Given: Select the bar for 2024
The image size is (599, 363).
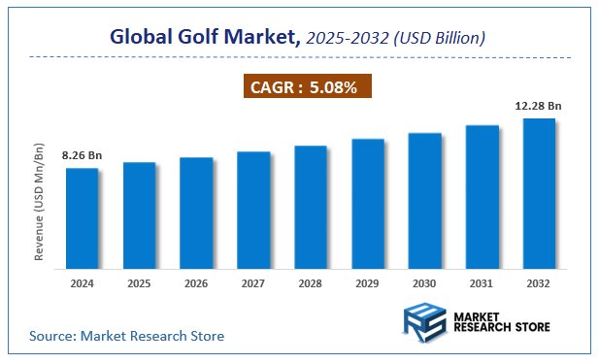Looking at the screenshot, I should click(x=82, y=218).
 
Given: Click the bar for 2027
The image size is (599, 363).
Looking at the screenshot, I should click(x=253, y=210).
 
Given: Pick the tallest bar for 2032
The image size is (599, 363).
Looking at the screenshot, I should click(x=539, y=193).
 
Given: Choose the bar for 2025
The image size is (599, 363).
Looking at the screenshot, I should click(x=139, y=215).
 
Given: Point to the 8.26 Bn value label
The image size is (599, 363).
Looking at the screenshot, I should click(x=82, y=155).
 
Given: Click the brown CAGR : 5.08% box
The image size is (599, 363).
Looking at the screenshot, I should click(x=306, y=87).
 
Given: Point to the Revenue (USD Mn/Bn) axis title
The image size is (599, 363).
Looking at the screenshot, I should click(x=40, y=202).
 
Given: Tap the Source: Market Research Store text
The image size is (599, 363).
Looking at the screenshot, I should click(x=126, y=336).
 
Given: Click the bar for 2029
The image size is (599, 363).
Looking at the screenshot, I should click(x=367, y=204).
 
